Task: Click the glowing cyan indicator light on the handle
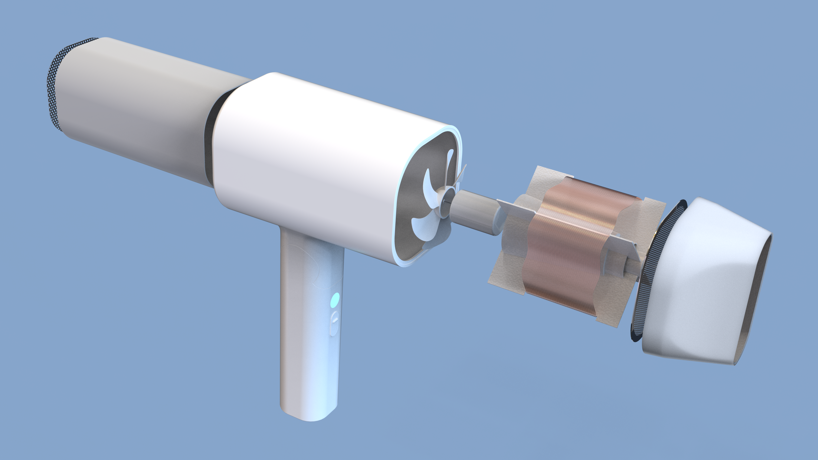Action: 335,300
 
